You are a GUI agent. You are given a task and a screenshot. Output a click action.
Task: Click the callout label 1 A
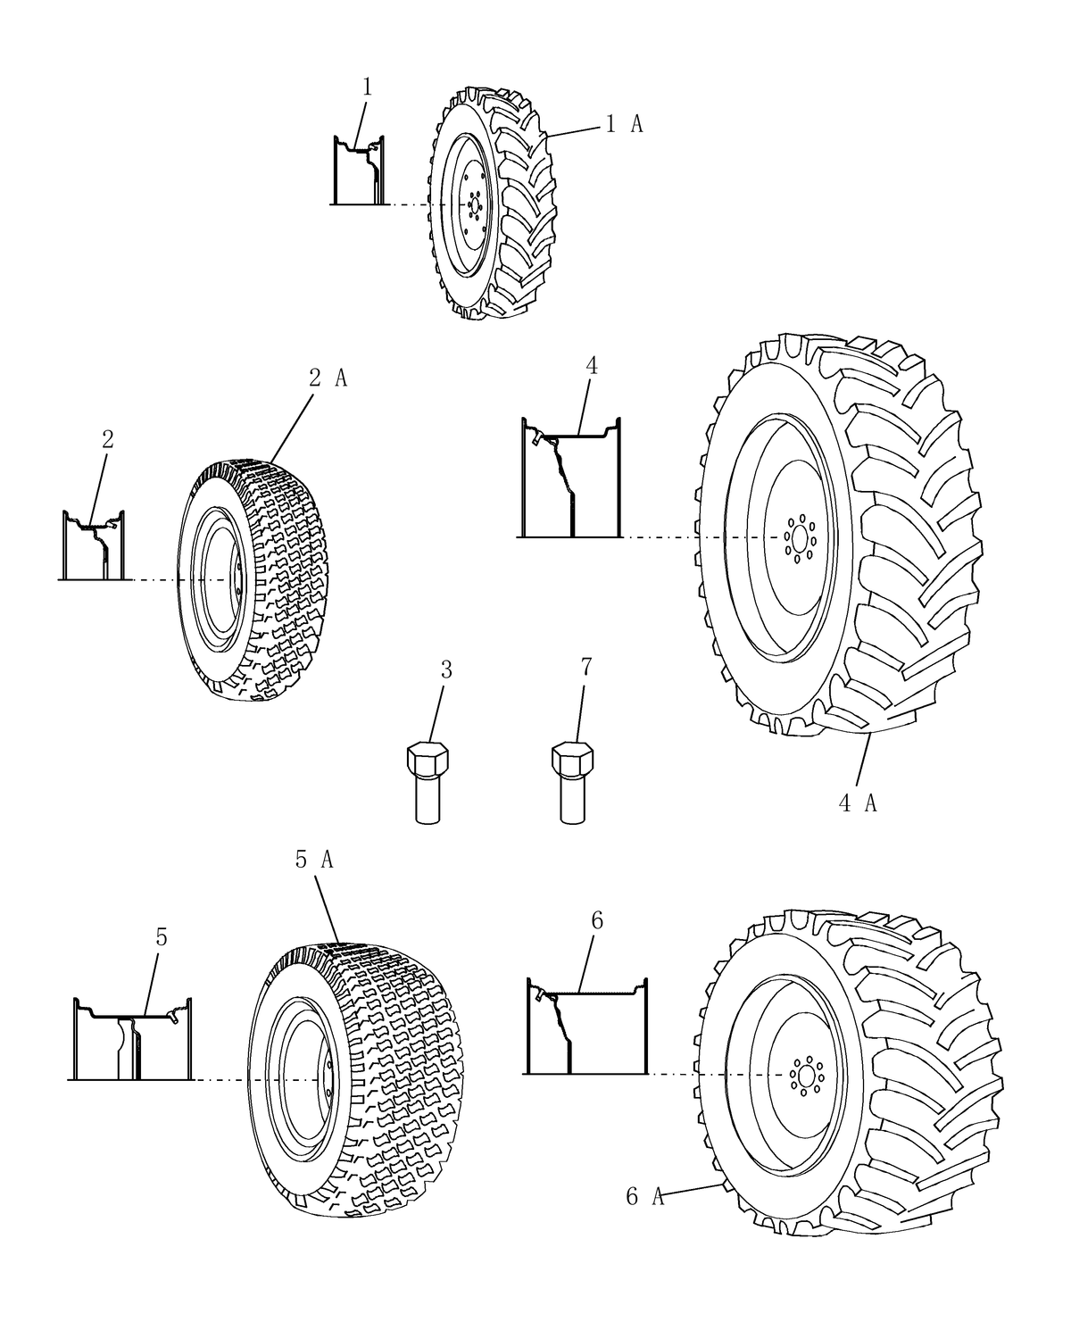point(624,125)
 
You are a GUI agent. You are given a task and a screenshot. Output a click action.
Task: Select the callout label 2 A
point(328,378)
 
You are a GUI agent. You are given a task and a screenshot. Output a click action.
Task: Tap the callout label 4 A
point(858,803)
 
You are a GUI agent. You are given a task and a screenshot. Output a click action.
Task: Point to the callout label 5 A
point(313,860)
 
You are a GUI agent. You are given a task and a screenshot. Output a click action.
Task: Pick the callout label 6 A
point(644,1197)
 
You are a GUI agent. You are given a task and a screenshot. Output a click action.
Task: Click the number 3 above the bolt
point(446,670)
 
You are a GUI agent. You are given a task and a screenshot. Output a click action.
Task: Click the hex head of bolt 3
point(428,761)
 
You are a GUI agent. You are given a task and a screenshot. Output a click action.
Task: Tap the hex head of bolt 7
point(572,761)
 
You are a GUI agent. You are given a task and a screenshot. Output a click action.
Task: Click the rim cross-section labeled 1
point(361,170)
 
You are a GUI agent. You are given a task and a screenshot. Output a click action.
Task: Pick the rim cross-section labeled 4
point(569,482)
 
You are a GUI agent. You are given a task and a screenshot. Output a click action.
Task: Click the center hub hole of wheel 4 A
point(797,539)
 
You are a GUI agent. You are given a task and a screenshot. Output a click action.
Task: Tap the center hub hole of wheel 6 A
point(805,1074)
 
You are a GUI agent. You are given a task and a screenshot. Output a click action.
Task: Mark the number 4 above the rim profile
point(592,365)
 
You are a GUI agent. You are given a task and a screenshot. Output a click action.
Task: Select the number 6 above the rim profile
point(597,920)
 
